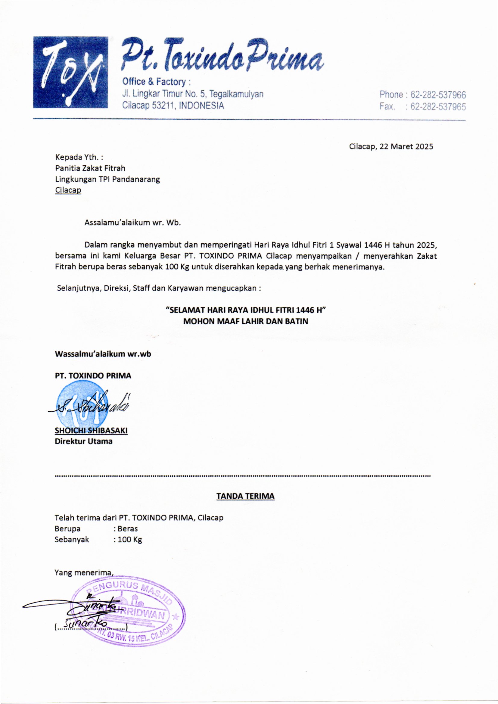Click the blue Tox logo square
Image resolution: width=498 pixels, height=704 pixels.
point(70,72)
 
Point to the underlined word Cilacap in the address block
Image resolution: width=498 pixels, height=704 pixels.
point(68,190)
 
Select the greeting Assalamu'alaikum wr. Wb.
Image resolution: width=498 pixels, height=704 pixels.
point(132,222)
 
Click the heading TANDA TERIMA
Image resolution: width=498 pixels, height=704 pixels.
point(245,496)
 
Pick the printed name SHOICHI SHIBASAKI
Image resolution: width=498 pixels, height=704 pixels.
point(91,431)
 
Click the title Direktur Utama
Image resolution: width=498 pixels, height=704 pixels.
point(83,441)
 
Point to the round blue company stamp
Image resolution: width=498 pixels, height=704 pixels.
point(83,405)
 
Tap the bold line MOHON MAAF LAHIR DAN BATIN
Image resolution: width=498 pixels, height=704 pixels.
point(245,322)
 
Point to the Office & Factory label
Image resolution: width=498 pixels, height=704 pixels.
point(156,82)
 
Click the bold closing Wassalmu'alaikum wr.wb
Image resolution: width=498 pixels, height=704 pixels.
point(103,354)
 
